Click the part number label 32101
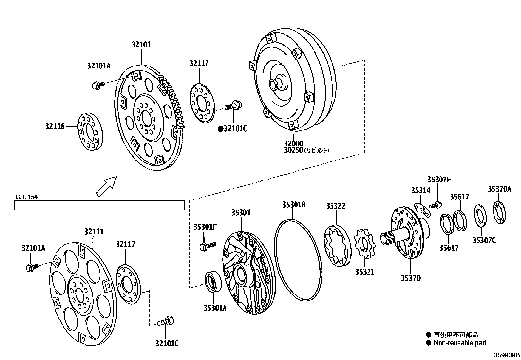click(x=141, y=45)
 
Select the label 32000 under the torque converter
click(x=293, y=143)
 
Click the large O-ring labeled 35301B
click(x=296, y=260)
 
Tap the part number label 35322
click(x=335, y=206)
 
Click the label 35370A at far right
click(x=499, y=189)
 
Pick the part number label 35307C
click(x=484, y=241)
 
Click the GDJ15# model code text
click(x=27, y=197)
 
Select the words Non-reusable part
click(x=460, y=343)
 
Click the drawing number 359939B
click(x=507, y=355)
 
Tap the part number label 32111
click(x=94, y=232)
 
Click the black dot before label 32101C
click(x=221, y=129)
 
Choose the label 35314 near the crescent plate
click(x=421, y=191)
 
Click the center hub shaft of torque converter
click(x=276, y=84)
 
